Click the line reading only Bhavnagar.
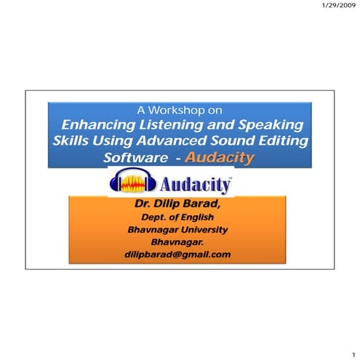click(x=178, y=241)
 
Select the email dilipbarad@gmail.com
click(x=178, y=254)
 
